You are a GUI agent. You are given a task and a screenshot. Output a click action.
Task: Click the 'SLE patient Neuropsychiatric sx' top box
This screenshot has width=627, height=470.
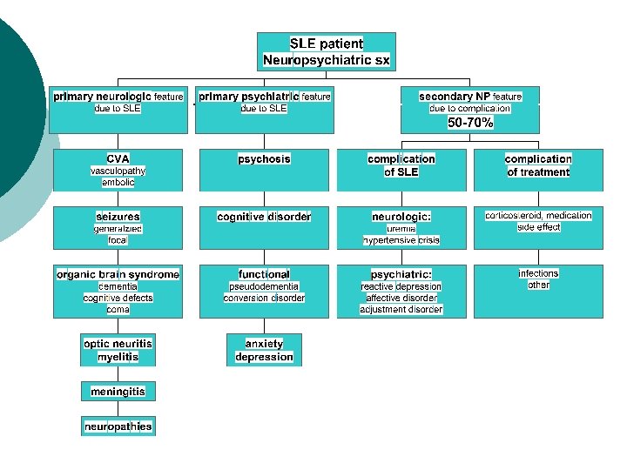327,52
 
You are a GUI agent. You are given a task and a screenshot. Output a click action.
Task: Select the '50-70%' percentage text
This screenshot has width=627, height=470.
470,124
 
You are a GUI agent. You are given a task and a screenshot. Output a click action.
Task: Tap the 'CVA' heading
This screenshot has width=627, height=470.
118,159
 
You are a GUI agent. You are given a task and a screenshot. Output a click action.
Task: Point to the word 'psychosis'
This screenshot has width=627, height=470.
264,159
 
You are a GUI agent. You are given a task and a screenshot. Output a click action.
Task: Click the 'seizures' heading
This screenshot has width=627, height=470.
118,216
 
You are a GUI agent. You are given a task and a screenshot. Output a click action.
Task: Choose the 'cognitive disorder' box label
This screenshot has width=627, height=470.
264,216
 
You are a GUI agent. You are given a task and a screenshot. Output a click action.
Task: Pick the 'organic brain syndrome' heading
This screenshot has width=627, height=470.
118,274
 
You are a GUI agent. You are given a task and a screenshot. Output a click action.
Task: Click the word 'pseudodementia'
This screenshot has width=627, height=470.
264,286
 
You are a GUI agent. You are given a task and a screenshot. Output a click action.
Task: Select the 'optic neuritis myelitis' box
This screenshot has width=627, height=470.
118,350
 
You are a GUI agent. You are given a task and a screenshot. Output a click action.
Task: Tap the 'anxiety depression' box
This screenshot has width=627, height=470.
264,350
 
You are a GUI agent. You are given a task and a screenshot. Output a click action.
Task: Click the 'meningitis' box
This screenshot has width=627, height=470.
118,392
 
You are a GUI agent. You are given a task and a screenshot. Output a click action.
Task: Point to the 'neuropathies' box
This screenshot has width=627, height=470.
118,426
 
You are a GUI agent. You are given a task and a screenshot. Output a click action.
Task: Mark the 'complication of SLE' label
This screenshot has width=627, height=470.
401,165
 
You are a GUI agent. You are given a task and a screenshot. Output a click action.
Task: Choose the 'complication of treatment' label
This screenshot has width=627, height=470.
538,165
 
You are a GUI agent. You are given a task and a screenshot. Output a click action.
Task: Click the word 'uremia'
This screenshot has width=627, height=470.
401,228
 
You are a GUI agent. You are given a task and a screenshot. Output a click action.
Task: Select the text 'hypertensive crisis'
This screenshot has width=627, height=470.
401,240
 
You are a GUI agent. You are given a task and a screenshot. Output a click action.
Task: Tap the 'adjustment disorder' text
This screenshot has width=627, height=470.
401,309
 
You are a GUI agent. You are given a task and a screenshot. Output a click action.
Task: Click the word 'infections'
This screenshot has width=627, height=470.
538,273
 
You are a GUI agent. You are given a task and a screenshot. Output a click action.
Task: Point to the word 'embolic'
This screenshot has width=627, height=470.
118,183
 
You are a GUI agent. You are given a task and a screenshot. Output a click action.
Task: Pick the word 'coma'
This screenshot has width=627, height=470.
118,309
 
